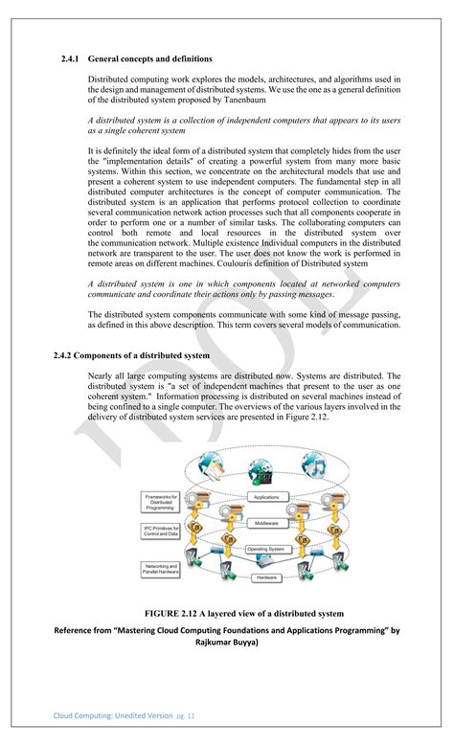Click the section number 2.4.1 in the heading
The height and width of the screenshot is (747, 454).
[x=71, y=58]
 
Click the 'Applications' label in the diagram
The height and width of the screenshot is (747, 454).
[x=265, y=497]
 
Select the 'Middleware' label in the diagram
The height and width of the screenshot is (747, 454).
[x=265, y=524]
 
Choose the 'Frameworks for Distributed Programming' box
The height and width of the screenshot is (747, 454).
[x=161, y=502]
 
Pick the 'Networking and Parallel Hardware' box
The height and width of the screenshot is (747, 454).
[x=161, y=570]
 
